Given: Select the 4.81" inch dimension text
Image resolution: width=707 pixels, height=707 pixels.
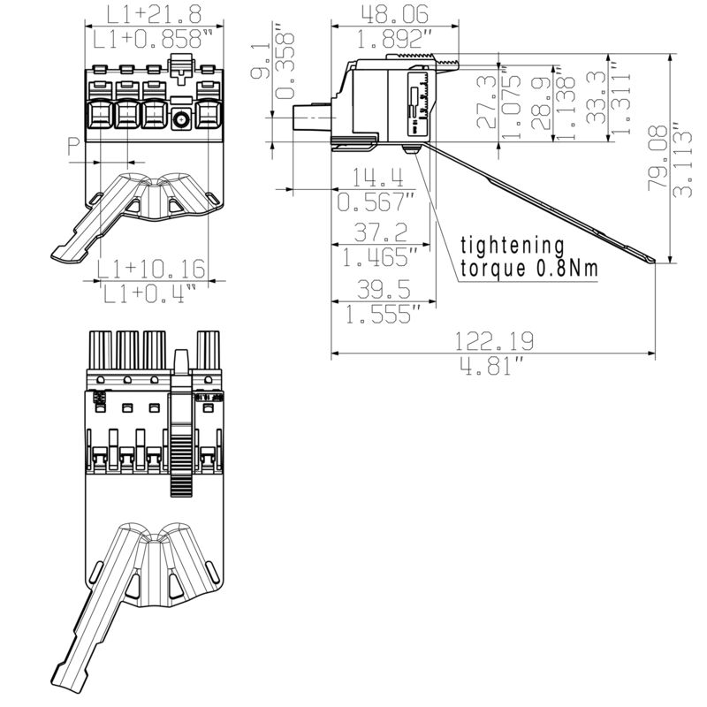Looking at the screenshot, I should (494, 366).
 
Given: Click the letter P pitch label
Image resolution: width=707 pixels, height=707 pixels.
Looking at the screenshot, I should (74, 146).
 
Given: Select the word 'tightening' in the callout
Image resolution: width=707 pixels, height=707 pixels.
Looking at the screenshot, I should (513, 245).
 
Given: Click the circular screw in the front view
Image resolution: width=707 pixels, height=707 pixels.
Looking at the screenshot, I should (183, 120).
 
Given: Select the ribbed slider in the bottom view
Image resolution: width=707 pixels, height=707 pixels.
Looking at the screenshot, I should (181, 446).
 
